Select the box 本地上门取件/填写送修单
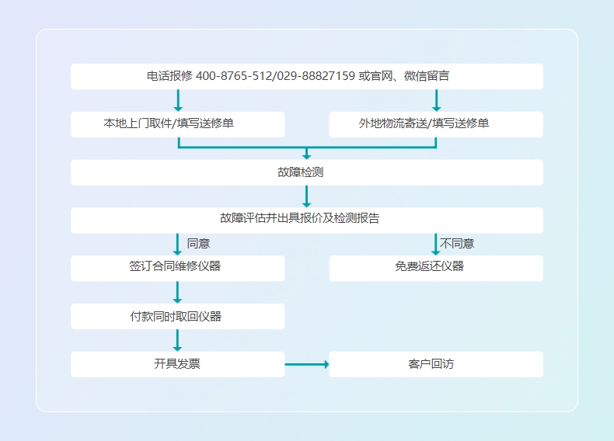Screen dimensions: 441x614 click(177, 124)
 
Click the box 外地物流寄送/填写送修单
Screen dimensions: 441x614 click(435, 124)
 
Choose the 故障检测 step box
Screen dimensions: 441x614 click(306, 172)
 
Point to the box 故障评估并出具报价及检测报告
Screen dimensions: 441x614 click(306, 220)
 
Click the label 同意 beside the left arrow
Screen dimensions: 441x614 click(198, 244)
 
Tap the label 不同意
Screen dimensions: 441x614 click(457, 244)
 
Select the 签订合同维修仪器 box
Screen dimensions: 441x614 click(177, 268)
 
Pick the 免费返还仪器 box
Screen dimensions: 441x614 click(435, 268)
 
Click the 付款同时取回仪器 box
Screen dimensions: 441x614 click(177, 316)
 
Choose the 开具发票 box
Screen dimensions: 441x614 click(177, 364)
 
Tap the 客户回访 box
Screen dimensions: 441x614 click(435, 364)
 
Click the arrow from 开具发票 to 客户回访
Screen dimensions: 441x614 click(306, 364)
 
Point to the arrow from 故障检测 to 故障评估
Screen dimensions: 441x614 click(306, 196)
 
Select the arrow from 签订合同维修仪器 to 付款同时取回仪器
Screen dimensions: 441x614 click(177, 292)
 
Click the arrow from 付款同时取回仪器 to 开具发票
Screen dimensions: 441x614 click(177, 340)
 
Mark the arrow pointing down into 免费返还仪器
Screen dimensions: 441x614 click(435, 244)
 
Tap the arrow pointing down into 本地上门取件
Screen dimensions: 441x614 click(178, 100)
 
